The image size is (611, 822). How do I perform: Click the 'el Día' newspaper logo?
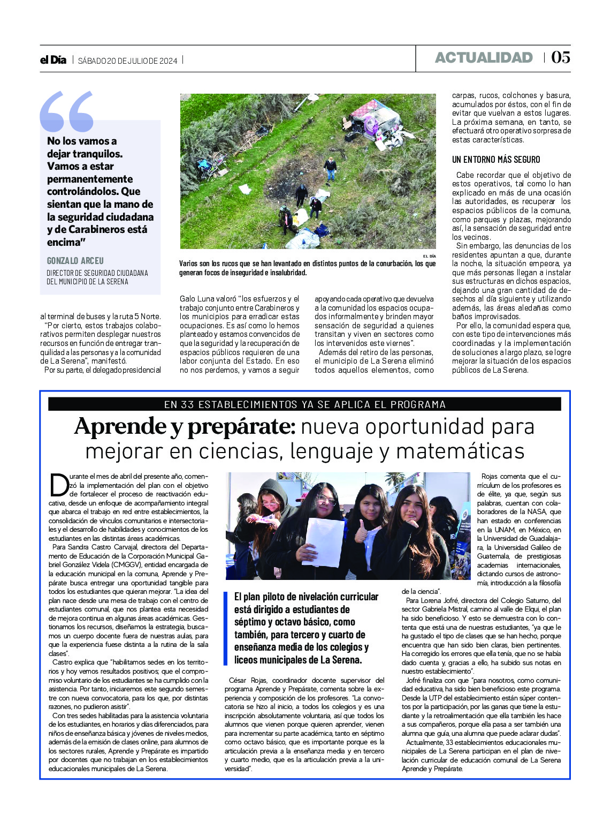click(x=53, y=60)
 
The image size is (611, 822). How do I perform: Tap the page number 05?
click(x=560, y=57)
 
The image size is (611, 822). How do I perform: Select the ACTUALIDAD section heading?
click(x=484, y=58)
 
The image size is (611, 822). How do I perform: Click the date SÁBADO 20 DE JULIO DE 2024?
click(x=127, y=61)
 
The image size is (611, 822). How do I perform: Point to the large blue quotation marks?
click(x=66, y=112)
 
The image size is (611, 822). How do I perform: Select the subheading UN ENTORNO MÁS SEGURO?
click(x=496, y=160)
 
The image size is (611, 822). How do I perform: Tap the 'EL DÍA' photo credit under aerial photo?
click(x=429, y=257)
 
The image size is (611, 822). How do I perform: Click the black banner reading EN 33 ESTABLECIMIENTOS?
click(x=304, y=404)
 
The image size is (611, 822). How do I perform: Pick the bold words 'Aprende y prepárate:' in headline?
click(x=185, y=427)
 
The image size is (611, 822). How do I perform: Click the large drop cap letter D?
click(x=59, y=485)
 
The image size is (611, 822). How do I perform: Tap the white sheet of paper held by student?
click(x=324, y=542)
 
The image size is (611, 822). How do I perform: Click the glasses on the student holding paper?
click(x=326, y=500)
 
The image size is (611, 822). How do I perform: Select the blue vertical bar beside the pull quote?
click(x=226, y=628)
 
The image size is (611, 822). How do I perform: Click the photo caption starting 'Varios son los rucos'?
click(x=307, y=268)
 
